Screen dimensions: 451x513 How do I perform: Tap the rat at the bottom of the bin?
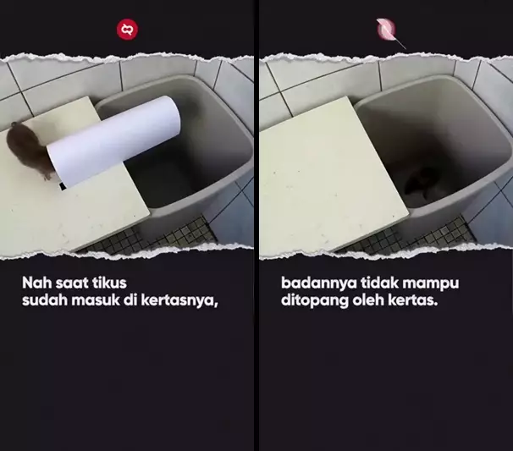[x=421, y=180]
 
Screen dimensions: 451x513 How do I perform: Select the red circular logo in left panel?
[x=127, y=30]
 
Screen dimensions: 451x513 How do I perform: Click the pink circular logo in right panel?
[x=386, y=30]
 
